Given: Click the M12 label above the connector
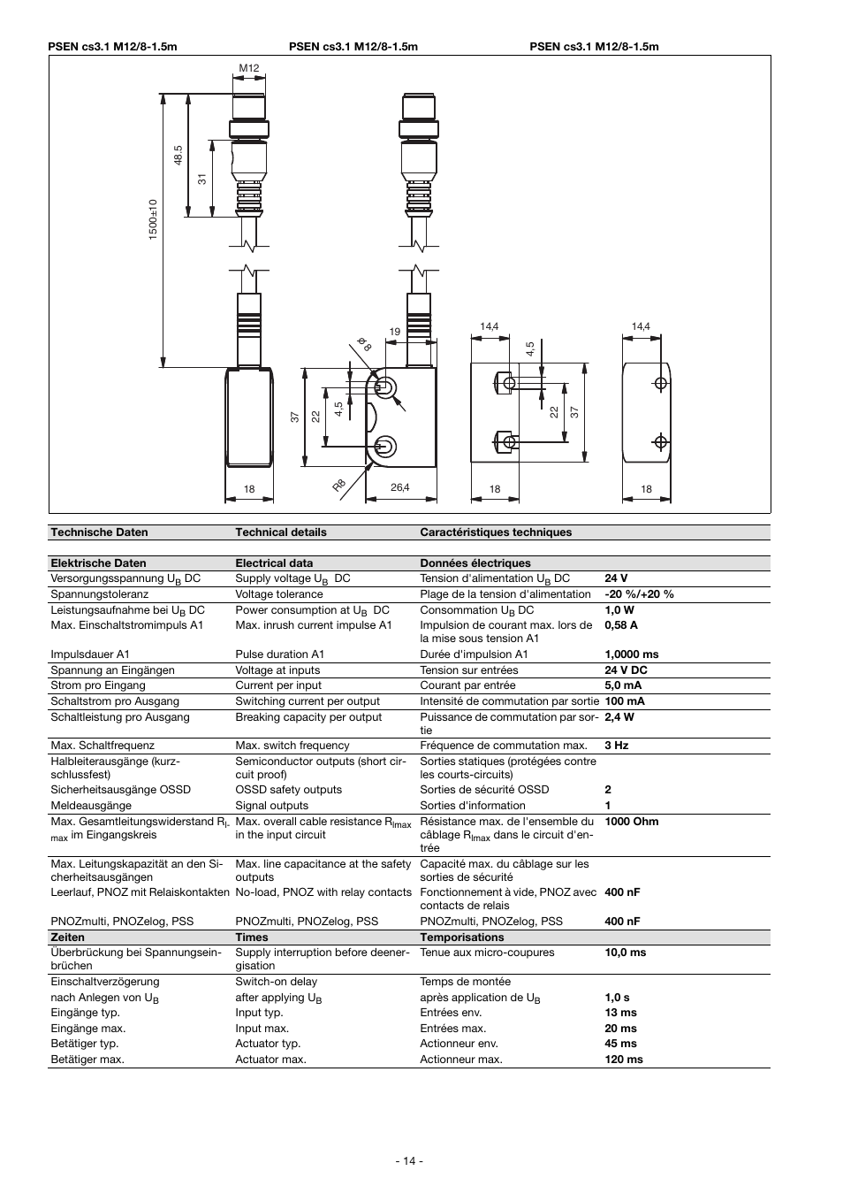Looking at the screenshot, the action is click(248, 68).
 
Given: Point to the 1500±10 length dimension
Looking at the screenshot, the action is click(153, 219).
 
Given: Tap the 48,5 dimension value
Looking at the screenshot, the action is click(178, 155).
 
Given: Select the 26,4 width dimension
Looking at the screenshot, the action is click(399, 488).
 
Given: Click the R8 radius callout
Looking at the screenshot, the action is click(339, 486).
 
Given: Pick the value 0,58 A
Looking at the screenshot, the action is click(621, 625).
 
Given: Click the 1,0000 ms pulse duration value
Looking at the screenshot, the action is click(631, 654).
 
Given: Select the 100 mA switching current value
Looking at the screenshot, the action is click(624, 701).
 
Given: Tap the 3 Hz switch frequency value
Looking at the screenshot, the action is click(616, 746).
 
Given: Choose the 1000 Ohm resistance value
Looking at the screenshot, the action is click(631, 822).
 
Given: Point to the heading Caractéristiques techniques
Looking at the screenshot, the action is click(495, 532).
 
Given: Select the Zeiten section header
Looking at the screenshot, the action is click(68, 938).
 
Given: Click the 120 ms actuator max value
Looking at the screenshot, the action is click(624, 1060).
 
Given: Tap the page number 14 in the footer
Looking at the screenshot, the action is click(409, 1161).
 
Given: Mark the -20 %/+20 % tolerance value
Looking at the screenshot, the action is click(639, 594).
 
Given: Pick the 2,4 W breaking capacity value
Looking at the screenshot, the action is click(619, 717).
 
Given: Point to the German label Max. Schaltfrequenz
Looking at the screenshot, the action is click(103, 746).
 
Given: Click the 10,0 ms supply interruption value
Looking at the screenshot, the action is click(625, 953).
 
